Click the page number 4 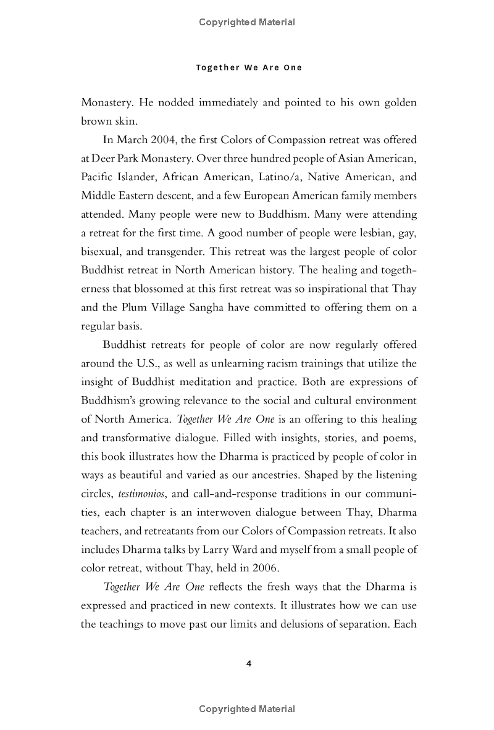coord(248,663)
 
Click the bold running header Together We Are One coord(249,67)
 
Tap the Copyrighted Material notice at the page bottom coord(247,709)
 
